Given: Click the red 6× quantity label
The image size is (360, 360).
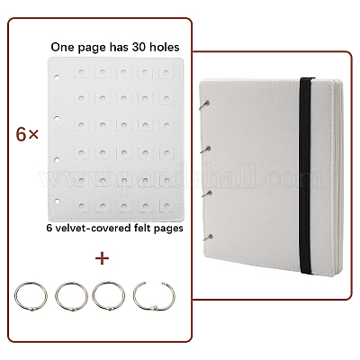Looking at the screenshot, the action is tap(27, 135).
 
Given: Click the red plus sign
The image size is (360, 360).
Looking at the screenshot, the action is tap(102, 258).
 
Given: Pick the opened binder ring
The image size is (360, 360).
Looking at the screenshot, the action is tap(154, 296).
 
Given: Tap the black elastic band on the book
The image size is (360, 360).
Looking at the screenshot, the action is tap(307, 177).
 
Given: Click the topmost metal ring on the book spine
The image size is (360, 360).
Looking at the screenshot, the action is tap(205, 105).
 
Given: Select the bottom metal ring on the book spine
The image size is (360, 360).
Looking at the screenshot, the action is tap(207, 238).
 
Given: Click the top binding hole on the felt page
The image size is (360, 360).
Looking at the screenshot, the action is tap(57, 77).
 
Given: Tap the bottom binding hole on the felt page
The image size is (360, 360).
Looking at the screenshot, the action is tap(58, 201).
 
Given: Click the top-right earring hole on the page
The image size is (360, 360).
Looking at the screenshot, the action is tap(166, 73).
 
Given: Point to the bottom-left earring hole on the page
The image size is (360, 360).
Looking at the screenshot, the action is tap(81, 206).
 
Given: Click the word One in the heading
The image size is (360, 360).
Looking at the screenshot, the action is tap(61, 47).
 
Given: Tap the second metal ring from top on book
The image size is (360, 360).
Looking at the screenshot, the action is tap(205, 149).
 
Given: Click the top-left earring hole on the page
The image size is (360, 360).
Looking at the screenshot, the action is tap(81, 73).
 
